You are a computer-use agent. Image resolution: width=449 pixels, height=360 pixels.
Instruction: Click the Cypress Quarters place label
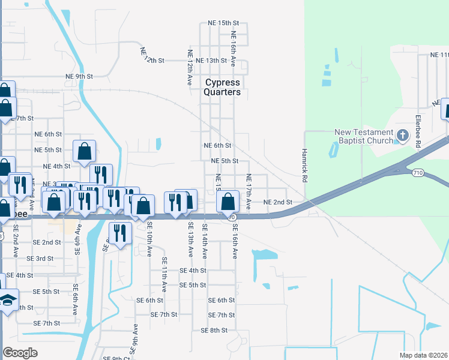tap(222, 87)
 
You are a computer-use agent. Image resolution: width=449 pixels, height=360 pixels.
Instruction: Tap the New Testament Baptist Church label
tap(364, 136)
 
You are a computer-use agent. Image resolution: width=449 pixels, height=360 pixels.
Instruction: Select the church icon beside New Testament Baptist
tap(402, 136)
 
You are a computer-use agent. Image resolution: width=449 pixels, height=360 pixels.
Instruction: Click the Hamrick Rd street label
tap(305, 166)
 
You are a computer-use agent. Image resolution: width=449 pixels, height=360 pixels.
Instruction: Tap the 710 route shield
tap(418, 173)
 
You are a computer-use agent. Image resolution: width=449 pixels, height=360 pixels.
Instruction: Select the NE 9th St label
tap(79, 76)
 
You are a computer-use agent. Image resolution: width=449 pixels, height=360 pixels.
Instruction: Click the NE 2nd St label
tap(278, 202)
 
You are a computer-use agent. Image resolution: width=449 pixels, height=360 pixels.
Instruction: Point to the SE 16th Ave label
tap(235, 241)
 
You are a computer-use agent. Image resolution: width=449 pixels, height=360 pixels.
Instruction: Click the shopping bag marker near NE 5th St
tap(85, 152)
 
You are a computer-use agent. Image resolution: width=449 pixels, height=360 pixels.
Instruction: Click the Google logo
tap(20, 352)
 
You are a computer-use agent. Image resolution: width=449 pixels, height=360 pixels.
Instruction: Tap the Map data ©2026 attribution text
tap(423, 355)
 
